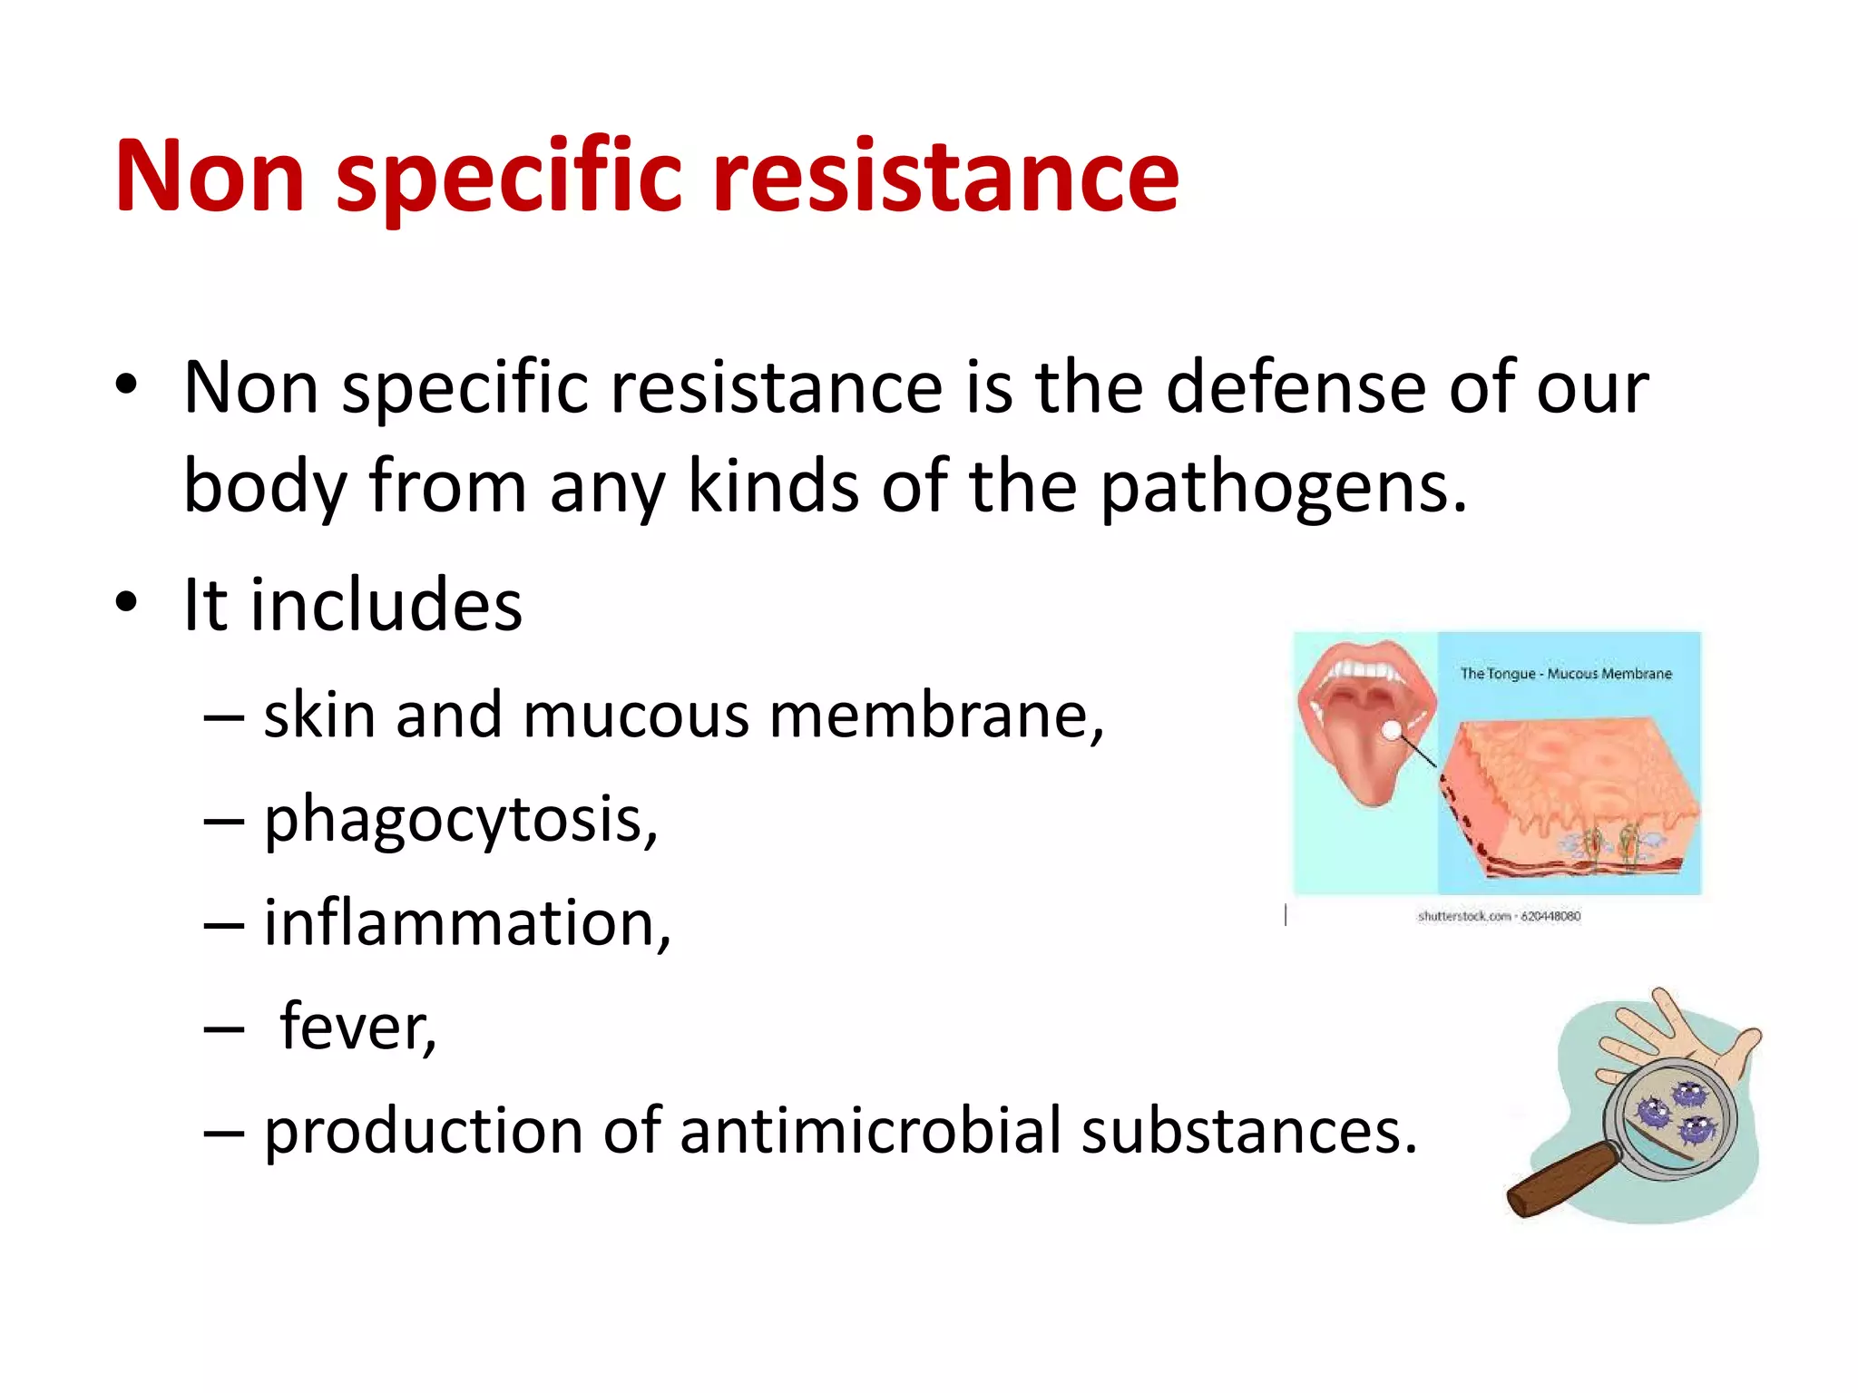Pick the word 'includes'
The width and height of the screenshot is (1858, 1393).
point(386,605)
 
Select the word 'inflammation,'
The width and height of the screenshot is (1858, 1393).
point(467,924)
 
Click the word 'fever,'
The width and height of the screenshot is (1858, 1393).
point(358,1028)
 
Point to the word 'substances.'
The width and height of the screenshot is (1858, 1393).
point(1248,1132)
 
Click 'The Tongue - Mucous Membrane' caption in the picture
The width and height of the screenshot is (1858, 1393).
point(1565,674)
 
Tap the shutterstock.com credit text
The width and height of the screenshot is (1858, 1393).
point(1499,916)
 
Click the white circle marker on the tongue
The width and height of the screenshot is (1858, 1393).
point(1392,729)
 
